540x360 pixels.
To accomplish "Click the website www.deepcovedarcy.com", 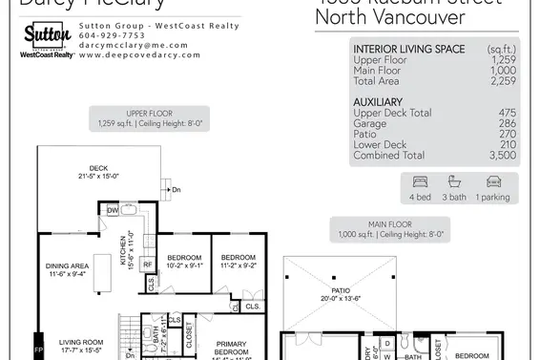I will pyautogui.click(x=139, y=55).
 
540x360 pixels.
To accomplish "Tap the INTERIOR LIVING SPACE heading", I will pyautogui.click(x=409, y=48).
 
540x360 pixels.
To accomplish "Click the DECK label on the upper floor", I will pyautogui.click(x=100, y=167).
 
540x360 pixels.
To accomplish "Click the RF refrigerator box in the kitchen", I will pyautogui.click(x=149, y=265).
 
